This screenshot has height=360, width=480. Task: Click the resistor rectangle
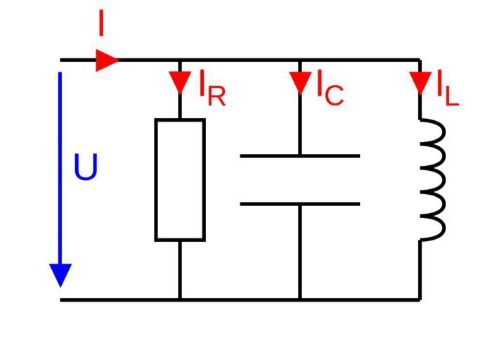(x=180, y=180)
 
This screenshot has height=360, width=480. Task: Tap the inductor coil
(x=433, y=180)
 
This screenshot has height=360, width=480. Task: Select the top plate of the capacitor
(x=300, y=155)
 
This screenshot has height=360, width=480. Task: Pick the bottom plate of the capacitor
(x=300, y=205)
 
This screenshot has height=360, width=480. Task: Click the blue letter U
(x=86, y=169)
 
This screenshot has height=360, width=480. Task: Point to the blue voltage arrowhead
(x=61, y=274)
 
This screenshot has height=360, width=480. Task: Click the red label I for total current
(x=100, y=25)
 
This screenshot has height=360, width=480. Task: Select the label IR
(x=212, y=88)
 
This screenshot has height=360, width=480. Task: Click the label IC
(x=329, y=88)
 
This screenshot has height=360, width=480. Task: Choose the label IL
(x=447, y=88)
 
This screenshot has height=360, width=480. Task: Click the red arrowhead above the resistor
(x=180, y=82)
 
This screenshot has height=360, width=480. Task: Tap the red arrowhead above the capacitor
(x=300, y=82)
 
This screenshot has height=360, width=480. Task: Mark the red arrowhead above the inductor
(x=420, y=82)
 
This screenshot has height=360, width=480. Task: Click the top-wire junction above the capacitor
(x=300, y=60)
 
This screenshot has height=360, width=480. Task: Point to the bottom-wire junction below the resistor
(x=180, y=300)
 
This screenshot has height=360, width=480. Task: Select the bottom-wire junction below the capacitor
(x=300, y=300)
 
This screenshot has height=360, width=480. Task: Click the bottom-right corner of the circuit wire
(x=420, y=300)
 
